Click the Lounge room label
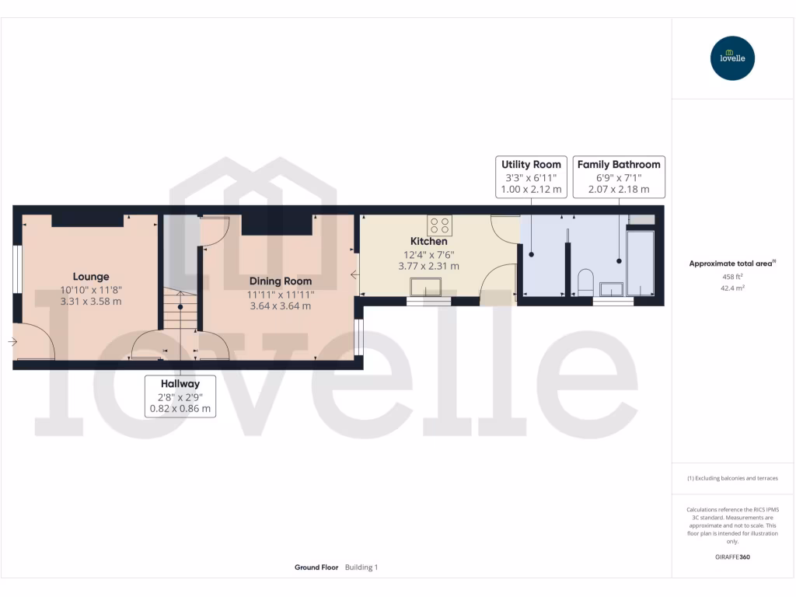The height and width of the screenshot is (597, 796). click(x=91, y=277)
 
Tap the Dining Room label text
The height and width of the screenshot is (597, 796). click(x=281, y=281)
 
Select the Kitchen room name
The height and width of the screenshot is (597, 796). click(x=429, y=242)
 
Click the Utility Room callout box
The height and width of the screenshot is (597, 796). click(x=531, y=176)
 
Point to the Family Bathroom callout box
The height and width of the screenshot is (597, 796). click(x=619, y=176)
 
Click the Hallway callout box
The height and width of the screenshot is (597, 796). click(x=180, y=396)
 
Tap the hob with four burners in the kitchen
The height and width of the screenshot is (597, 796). click(x=439, y=225)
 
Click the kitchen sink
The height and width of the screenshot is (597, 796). click(x=428, y=287)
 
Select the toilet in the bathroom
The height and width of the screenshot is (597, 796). click(x=585, y=282)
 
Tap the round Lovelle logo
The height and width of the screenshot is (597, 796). click(x=732, y=58)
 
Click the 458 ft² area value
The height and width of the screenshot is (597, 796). click(x=732, y=277)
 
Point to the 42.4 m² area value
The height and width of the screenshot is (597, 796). click(x=732, y=288)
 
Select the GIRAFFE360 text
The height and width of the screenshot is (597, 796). click(x=732, y=557)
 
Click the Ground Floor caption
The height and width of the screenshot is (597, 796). click(x=316, y=567)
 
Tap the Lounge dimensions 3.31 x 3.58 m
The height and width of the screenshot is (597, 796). click(x=91, y=302)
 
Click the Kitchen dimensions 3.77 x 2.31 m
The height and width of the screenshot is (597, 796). click(x=429, y=266)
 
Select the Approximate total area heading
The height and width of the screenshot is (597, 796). click(x=731, y=264)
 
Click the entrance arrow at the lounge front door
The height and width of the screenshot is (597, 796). click(x=12, y=341)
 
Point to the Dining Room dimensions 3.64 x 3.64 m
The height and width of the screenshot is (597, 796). click(x=281, y=306)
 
